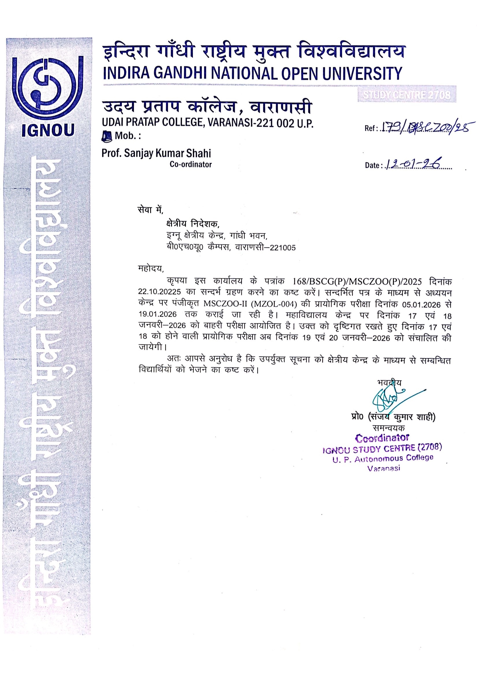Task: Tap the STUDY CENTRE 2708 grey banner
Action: point(407,95)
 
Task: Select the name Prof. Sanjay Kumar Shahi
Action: point(156,153)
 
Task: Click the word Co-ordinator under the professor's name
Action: point(191,164)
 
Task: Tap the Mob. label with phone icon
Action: point(121,136)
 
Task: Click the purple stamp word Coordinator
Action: point(382,438)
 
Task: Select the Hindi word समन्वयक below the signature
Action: point(388,428)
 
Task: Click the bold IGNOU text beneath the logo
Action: point(48,130)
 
